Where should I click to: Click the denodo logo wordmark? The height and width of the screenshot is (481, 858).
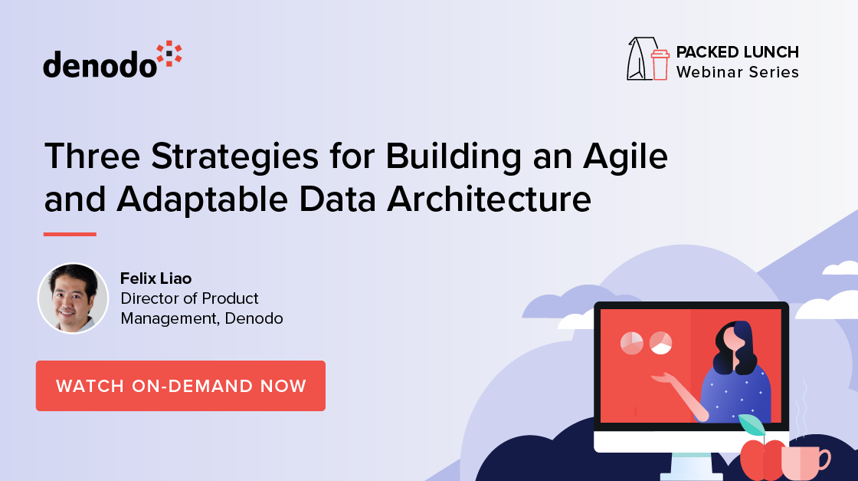100,64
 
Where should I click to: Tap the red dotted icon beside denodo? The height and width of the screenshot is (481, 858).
169,56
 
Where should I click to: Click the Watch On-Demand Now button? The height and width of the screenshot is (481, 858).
181,386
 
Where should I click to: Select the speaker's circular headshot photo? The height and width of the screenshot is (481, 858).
74,298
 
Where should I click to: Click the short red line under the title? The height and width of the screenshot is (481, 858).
70,234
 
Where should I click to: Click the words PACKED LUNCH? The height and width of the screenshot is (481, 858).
737,52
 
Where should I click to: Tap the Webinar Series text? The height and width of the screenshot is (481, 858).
737,72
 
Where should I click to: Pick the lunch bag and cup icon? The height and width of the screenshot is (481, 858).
648,59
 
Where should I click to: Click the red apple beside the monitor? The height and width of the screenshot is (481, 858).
762,459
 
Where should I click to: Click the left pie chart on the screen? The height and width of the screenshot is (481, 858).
632,343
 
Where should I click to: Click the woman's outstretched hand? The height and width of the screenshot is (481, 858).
661,377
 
